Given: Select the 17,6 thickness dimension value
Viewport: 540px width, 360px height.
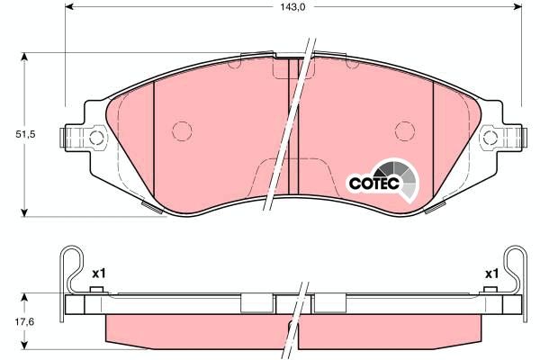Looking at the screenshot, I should point(12,320).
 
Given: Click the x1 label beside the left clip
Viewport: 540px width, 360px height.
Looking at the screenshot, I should point(99,273).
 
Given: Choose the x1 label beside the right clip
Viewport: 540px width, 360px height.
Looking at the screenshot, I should point(491,273).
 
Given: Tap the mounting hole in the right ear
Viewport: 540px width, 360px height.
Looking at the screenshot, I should point(489,138).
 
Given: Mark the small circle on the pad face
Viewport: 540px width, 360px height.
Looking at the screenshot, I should point(181,130).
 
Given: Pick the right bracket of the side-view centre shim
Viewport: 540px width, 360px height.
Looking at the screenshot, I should point(328,303).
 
